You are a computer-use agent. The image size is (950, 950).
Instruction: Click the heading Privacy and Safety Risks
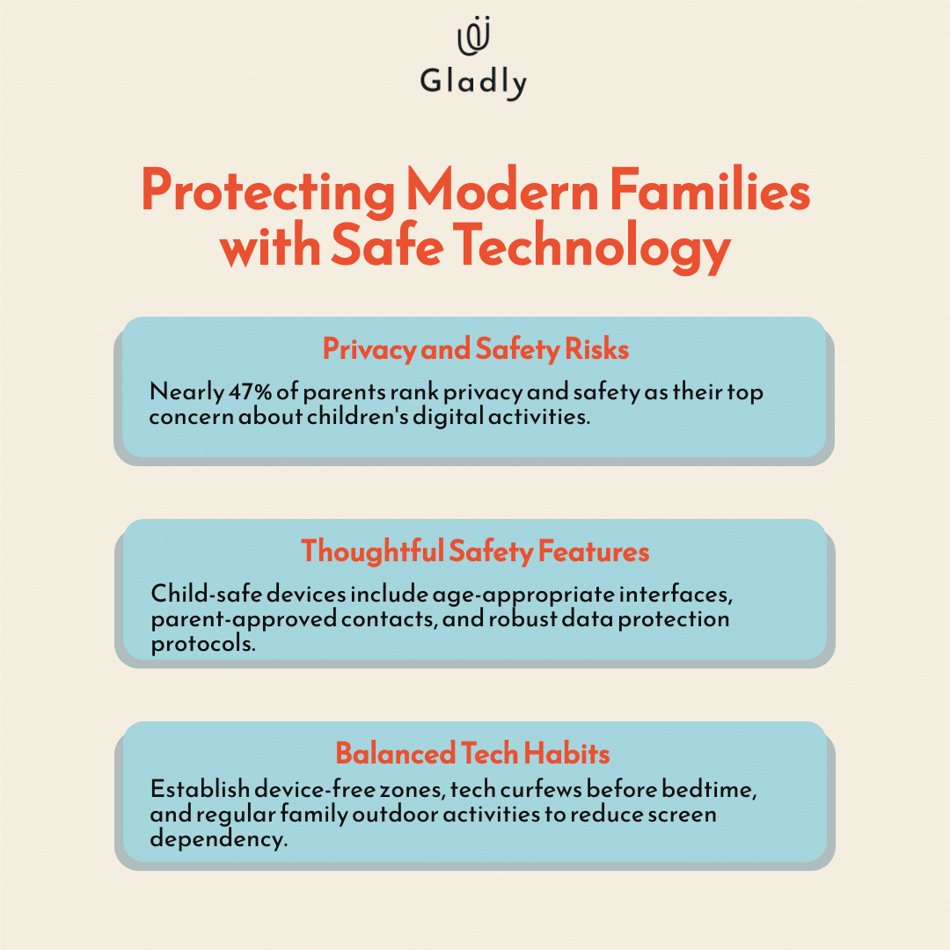click(475, 349)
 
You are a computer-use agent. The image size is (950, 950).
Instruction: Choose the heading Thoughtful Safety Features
click(475, 551)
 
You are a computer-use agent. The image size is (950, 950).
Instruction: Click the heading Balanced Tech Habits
click(473, 753)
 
